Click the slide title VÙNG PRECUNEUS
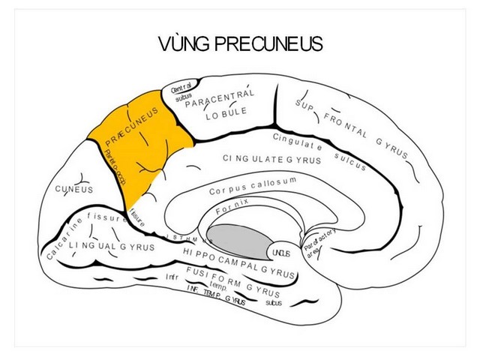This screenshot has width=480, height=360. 241,44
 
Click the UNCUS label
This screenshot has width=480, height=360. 280,253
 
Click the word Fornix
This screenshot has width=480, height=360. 232,208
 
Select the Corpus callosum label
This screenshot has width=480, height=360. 253,186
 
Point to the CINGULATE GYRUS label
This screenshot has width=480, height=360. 271,159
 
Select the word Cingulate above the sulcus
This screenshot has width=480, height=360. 297,141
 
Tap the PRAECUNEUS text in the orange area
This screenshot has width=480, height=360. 132,126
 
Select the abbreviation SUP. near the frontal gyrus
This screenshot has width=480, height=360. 304,107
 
